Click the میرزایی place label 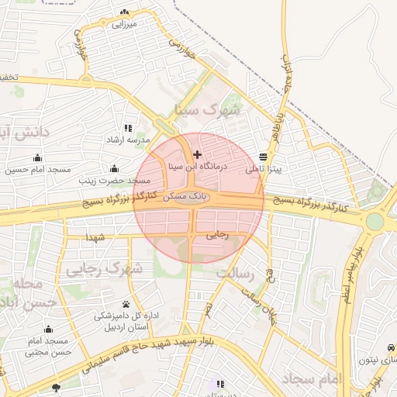(124, 24)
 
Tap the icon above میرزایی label (125, 12)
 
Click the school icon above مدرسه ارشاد (128, 128)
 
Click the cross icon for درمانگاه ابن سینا (197, 155)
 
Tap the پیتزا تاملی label (264, 167)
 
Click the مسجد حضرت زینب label (115, 180)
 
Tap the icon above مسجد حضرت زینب (115, 168)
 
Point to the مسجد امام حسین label (38, 169)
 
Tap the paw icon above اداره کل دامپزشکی (126, 304)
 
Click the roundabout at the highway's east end (375, 221)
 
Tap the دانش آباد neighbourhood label (23, 133)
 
